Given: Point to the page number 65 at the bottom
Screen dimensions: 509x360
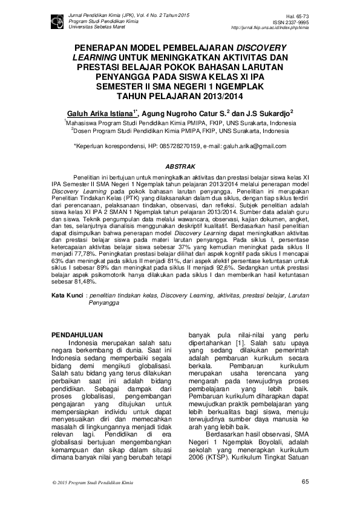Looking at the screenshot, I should (304, 481).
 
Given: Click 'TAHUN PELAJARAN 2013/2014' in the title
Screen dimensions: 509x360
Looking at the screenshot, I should (180, 96).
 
